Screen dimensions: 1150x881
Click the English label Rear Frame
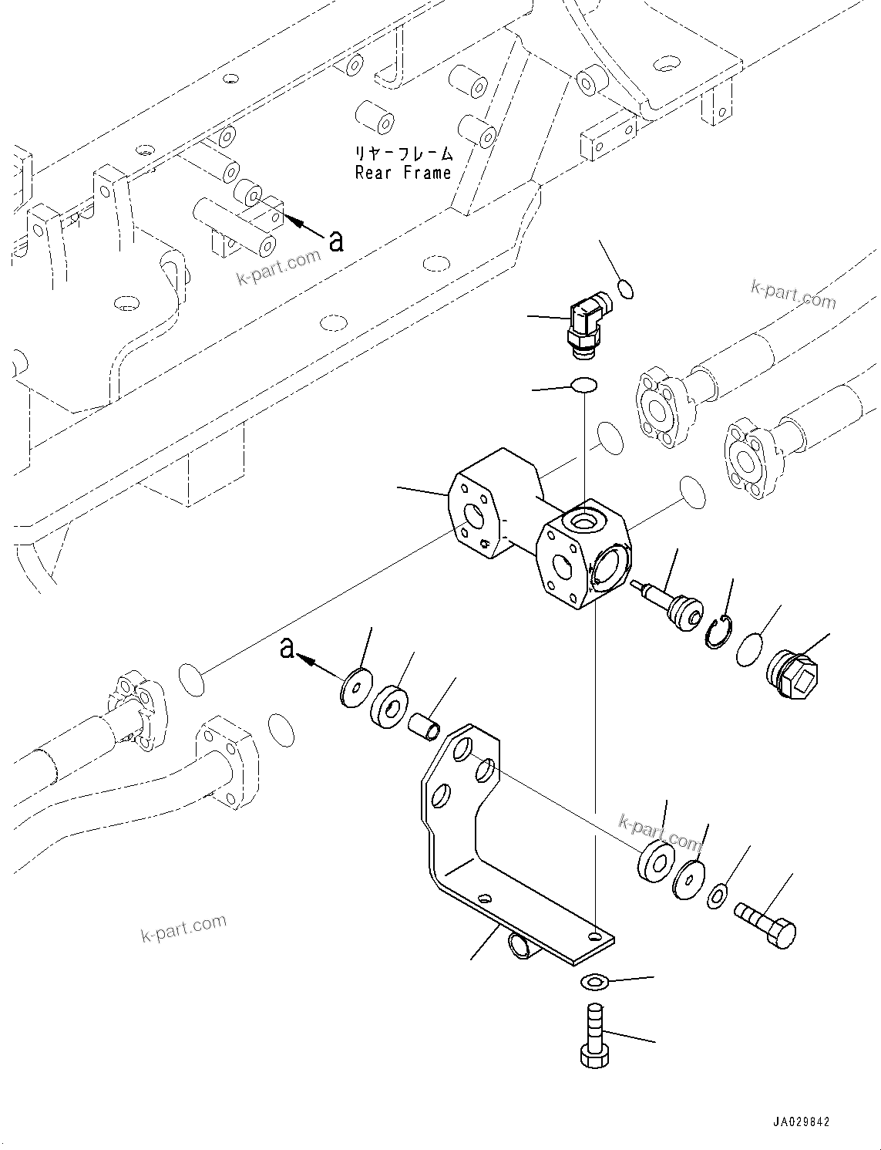[403, 173]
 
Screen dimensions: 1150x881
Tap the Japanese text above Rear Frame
[403, 153]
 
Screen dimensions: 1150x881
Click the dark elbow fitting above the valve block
[588, 325]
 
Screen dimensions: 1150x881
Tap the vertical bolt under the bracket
[593, 1035]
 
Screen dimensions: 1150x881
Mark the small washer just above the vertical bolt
[593, 980]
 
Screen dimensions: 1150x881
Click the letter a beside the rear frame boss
[335, 241]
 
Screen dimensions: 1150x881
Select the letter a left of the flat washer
[287, 649]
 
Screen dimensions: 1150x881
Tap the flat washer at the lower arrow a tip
[355, 685]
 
